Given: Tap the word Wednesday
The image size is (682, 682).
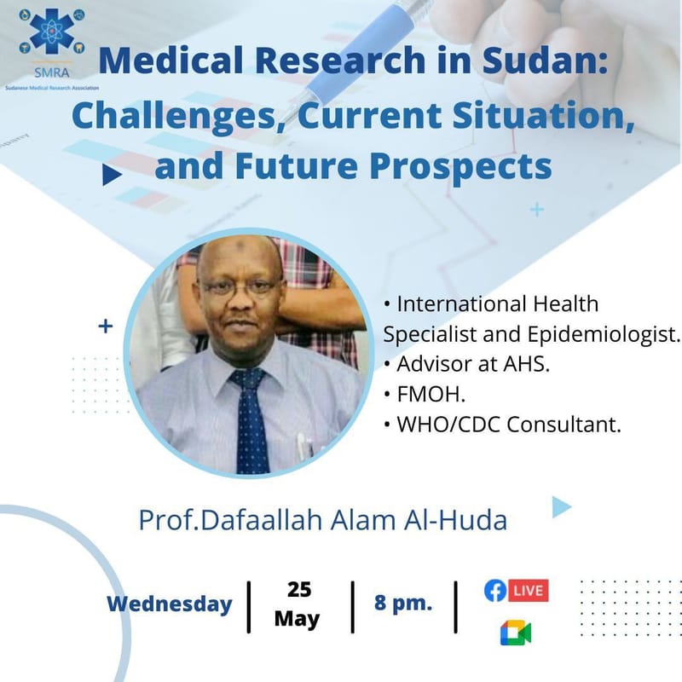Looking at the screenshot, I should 169,604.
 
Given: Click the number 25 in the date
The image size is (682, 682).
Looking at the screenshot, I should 299,589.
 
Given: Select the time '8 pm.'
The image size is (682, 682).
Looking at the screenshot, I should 403,604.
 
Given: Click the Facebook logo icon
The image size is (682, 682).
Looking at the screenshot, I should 495,590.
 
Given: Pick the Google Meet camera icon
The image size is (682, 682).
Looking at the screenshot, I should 515,633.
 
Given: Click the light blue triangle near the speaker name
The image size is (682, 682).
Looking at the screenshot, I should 560,507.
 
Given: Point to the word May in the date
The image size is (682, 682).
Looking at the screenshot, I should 299,619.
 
